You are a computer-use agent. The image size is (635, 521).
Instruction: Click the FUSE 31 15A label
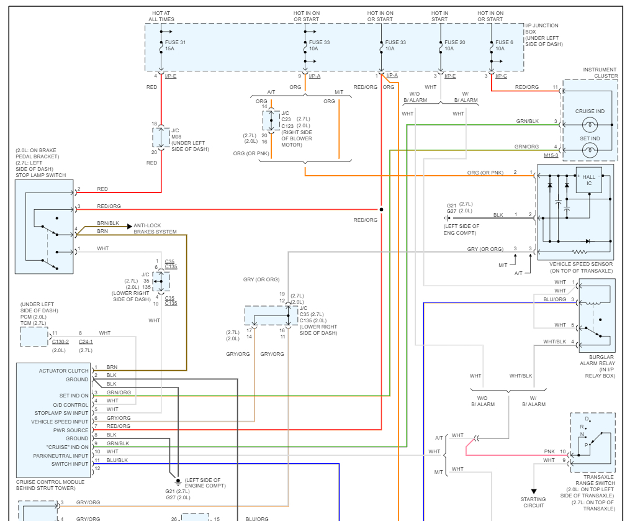coord(175,45)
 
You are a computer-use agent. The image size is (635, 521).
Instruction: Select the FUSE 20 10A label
coord(455,45)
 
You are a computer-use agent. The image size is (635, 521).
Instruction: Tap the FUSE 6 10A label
coord(504,45)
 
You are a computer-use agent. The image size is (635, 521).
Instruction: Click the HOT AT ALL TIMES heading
coord(161,16)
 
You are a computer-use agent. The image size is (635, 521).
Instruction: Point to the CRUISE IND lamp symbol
coord(590,124)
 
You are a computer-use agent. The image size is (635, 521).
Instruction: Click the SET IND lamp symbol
coord(590,151)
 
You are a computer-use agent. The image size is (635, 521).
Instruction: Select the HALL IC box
coord(589,180)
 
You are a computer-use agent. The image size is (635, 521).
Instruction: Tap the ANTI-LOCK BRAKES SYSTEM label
coord(155,229)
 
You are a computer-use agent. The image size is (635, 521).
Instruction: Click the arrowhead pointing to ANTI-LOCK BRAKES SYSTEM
coord(130,226)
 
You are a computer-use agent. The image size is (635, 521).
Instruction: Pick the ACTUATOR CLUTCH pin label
coord(63,371)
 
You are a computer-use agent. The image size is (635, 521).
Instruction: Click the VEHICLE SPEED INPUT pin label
coord(60,422)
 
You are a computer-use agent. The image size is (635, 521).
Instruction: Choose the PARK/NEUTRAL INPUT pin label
coord(61,456)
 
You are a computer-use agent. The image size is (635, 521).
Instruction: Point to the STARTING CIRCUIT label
coord(533,502)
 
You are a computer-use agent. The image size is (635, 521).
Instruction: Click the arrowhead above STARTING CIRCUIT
coord(534,491)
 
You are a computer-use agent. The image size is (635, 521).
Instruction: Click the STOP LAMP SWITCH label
coord(41,175)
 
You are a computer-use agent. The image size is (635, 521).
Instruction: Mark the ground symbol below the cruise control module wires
coord(178,482)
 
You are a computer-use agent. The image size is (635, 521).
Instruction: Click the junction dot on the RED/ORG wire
coord(381,209)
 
